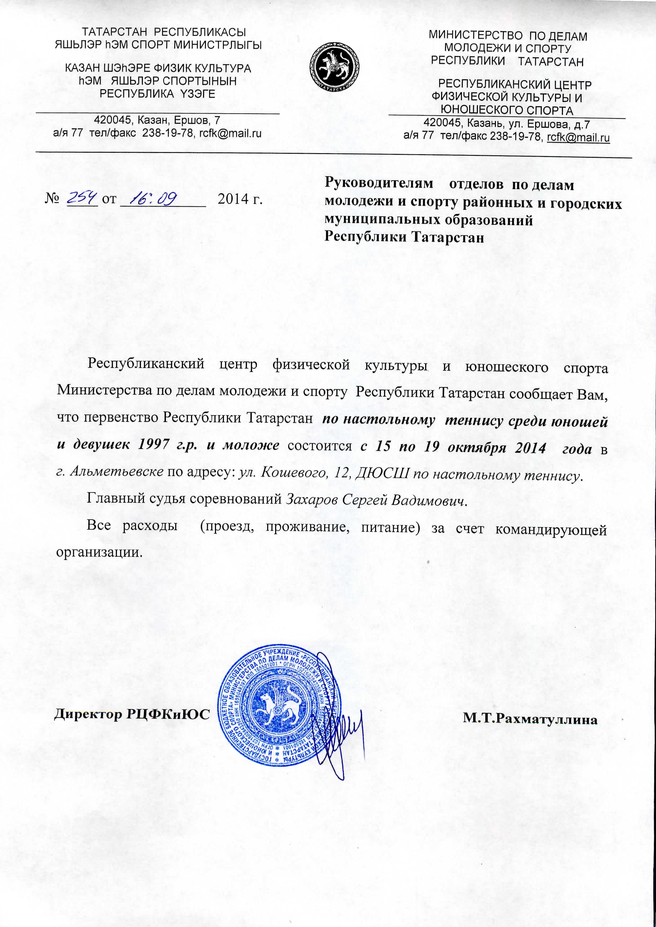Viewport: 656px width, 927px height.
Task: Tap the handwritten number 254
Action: [x=82, y=198]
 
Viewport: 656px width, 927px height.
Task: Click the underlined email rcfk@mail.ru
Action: [x=578, y=138]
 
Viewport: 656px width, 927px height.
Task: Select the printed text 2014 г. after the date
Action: [x=240, y=199]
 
